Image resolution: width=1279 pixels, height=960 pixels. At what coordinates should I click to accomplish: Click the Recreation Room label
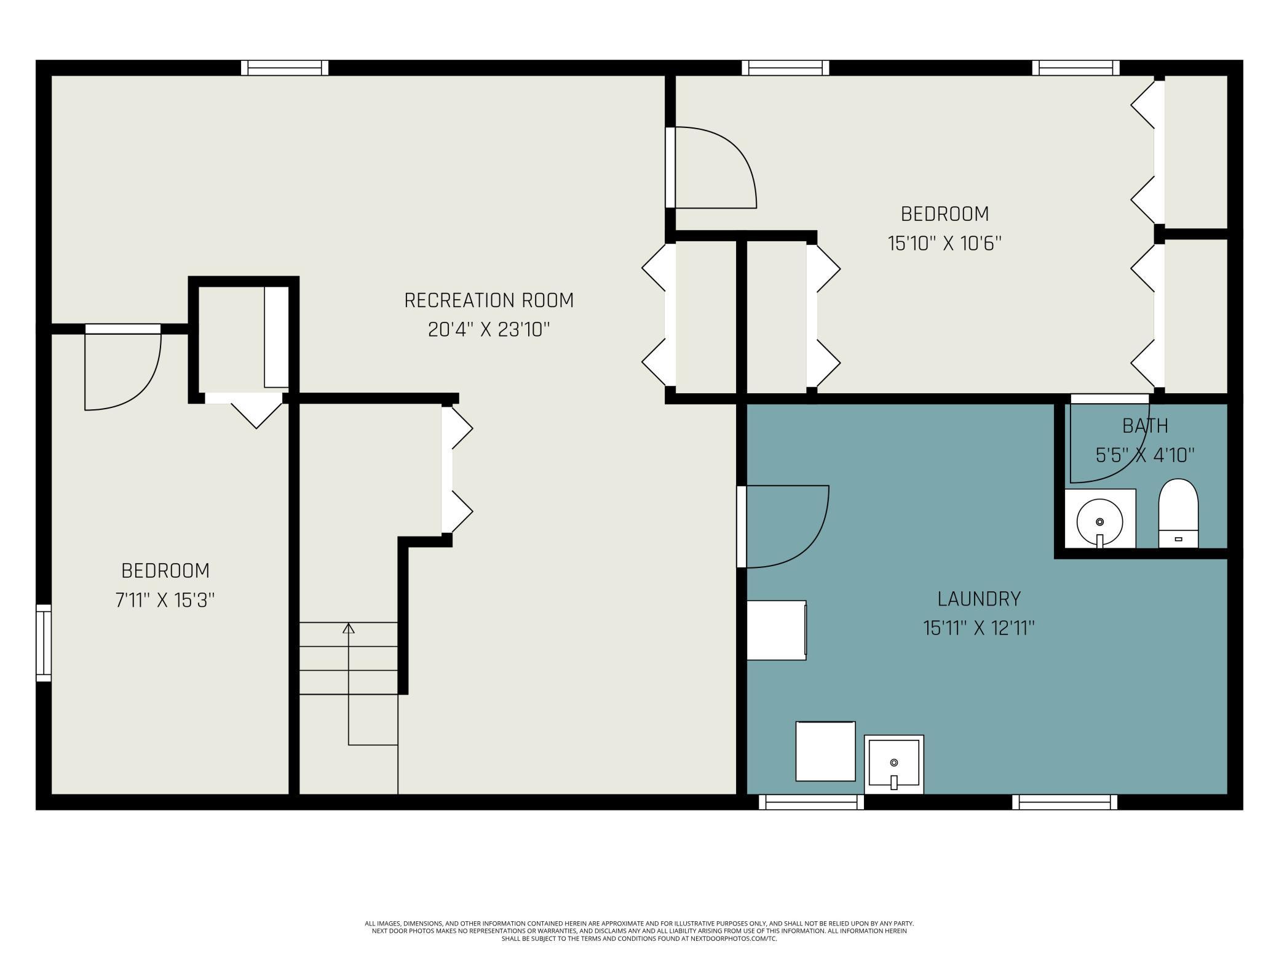[489, 300]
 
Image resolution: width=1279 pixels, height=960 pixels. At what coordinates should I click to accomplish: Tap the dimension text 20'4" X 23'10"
[489, 330]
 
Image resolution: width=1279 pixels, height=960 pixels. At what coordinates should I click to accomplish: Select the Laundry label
[979, 599]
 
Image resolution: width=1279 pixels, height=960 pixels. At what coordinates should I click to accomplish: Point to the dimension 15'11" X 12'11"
[979, 628]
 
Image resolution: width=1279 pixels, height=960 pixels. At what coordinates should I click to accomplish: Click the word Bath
[1145, 426]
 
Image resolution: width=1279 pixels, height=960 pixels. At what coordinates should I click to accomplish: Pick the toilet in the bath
[1179, 513]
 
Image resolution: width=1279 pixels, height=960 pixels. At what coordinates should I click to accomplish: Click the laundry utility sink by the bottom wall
[893, 764]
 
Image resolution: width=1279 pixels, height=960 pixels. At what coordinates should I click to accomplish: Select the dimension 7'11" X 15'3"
[165, 600]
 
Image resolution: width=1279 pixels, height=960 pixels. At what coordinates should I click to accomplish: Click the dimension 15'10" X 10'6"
[944, 244]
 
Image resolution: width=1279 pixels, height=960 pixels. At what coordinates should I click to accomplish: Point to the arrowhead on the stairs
[349, 628]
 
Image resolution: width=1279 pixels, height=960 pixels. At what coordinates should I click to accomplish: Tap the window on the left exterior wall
[44, 642]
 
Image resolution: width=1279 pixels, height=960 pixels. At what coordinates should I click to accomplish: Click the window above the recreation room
[285, 68]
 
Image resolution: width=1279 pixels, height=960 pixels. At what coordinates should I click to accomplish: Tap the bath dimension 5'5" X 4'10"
[1145, 455]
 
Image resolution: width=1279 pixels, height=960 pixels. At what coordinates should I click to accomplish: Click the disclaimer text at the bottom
[639, 931]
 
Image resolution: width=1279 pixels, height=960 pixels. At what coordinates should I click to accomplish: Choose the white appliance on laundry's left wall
[777, 630]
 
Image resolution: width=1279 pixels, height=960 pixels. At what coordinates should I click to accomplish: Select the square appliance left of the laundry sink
[825, 751]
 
